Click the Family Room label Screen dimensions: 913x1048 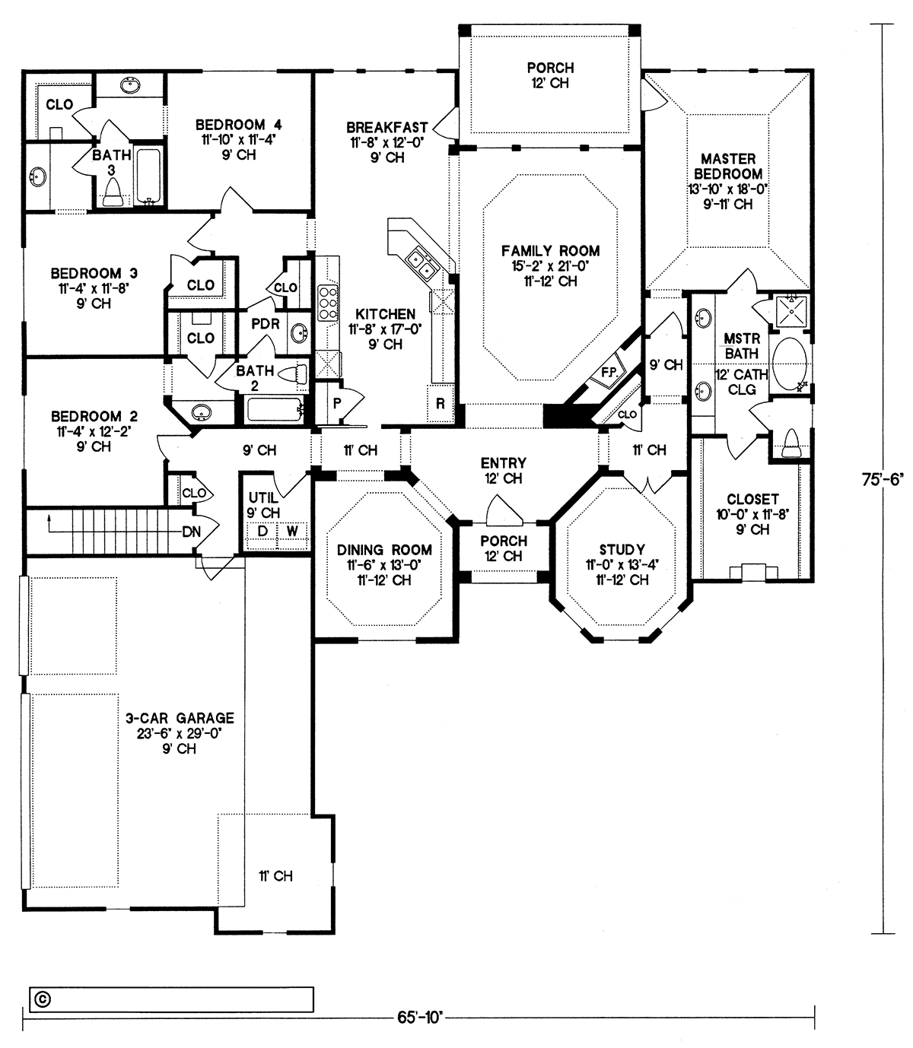click(x=550, y=251)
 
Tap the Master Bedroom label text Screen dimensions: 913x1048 click(x=728, y=167)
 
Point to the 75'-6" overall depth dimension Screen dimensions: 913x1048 click(x=883, y=479)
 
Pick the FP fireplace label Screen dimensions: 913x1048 click(x=608, y=373)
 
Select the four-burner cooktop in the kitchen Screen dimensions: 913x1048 click(x=328, y=303)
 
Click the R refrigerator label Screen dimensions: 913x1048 click(x=441, y=404)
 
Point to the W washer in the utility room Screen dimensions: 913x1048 click(x=292, y=531)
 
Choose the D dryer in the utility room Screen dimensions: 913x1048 click(x=262, y=531)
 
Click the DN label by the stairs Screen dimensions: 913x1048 click(x=192, y=532)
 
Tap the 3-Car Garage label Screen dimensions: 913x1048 click(x=180, y=718)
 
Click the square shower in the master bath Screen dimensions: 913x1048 click(x=791, y=311)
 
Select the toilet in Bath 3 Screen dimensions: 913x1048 click(x=113, y=193)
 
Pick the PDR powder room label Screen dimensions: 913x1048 click(x=266, y=324)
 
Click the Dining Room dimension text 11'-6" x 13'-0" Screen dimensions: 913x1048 click(x=384, y=565)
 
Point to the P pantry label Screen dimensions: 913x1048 click(x=336, y=404)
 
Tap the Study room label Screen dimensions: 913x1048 click(x=622, y=550)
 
